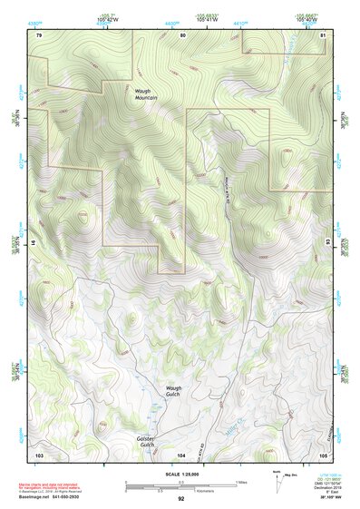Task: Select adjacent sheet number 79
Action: pos(39,34)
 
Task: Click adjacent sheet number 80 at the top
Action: pos(182,34)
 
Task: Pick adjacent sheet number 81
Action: pos(323,34)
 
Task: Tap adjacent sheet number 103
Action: pos(39,453)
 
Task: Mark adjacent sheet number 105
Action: pos(323,453)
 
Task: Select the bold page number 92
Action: pos(180,498)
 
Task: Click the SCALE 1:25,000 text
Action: pos(180,475)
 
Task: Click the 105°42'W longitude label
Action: pos(107,17)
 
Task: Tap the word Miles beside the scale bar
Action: pos(242,481)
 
